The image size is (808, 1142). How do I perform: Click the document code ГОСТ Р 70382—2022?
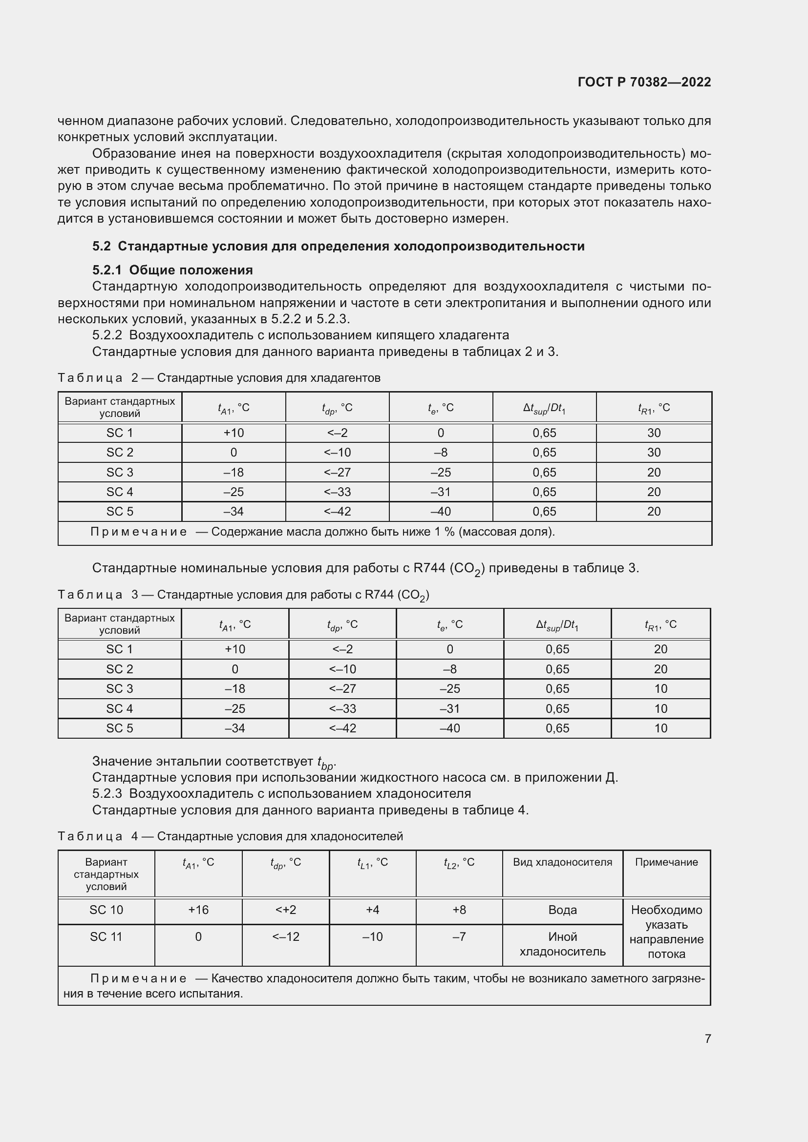pos(644,82)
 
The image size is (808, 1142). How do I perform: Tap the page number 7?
pos(707,1038)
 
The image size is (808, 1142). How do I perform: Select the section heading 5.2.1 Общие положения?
pos(172,270)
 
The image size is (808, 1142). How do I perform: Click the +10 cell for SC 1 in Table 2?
pos(234,433)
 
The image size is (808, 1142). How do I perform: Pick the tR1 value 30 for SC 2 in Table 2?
pos(653,452)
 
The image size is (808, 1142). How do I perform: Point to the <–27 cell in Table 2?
pos(337,472)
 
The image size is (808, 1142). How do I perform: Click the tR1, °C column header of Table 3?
pos(660,624)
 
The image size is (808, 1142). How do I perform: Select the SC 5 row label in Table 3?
pos(119,728)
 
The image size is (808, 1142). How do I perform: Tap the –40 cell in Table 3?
pos(449,728)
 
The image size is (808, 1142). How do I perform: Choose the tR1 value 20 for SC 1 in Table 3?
pos(660,649)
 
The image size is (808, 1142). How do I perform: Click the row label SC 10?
pos(106,910)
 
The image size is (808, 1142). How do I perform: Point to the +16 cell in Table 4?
pos(198,910)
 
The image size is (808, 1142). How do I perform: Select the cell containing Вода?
pos(562,910)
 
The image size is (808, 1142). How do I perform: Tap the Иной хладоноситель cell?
pos(562,944)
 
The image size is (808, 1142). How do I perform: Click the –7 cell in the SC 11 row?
pos(459,936)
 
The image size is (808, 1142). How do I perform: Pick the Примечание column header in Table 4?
pos(666,862)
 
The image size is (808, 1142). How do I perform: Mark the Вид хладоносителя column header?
pos(562,862)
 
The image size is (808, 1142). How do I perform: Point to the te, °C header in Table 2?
pos(440,408)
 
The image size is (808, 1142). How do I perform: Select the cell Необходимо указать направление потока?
pos(666,932)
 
